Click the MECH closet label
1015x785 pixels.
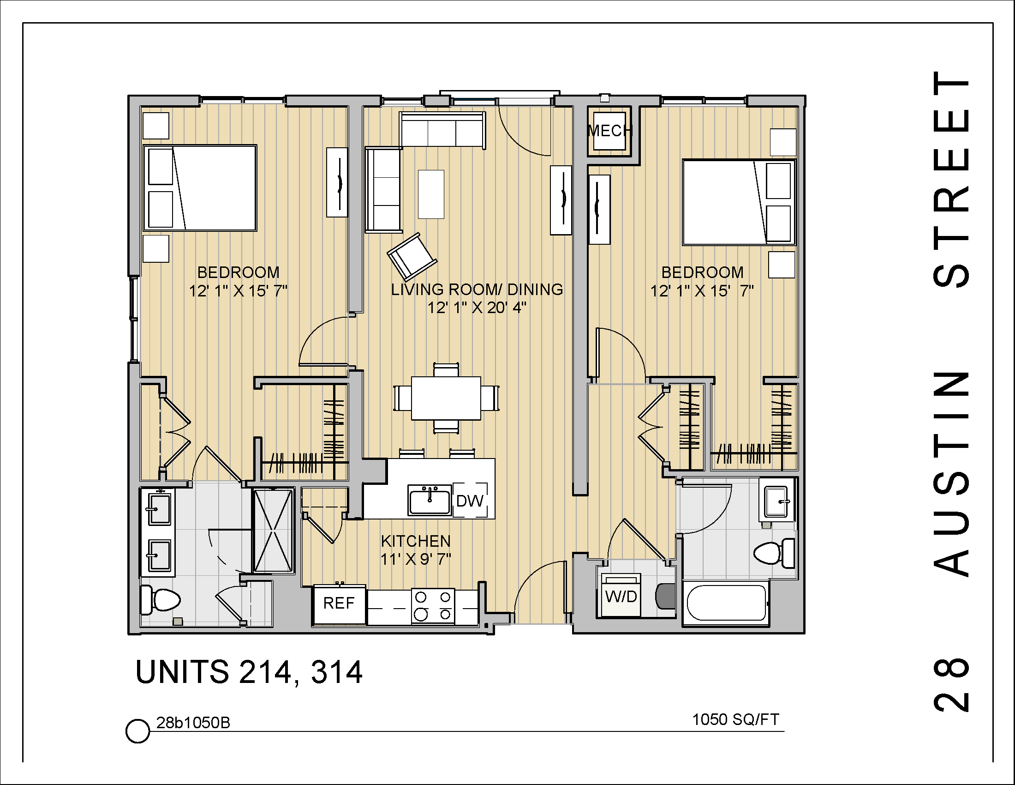point(609,131)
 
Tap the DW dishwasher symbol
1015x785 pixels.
point(470,501)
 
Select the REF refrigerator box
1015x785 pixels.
point(339,604)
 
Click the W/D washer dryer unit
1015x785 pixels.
point(621,596)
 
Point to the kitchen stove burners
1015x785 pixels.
point(433,605)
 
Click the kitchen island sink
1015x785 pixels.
point(430,501)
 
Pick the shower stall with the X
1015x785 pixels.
point(273,530)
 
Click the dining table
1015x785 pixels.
point(446,398)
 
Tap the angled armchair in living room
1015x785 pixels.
point(411,257)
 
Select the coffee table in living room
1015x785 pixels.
point(431,194)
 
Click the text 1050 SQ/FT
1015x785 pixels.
point(735,720)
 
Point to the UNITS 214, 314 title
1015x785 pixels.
point(249,672)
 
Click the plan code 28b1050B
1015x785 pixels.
point(193,723)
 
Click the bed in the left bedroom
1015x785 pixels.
point(200,188)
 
